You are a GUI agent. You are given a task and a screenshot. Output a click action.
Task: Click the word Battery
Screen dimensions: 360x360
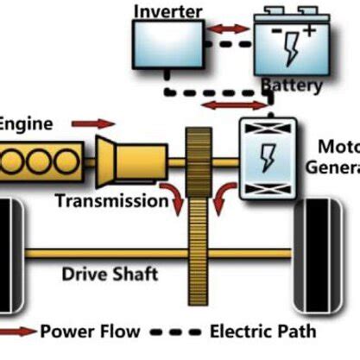pyautogui.click(x=291, y=85)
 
